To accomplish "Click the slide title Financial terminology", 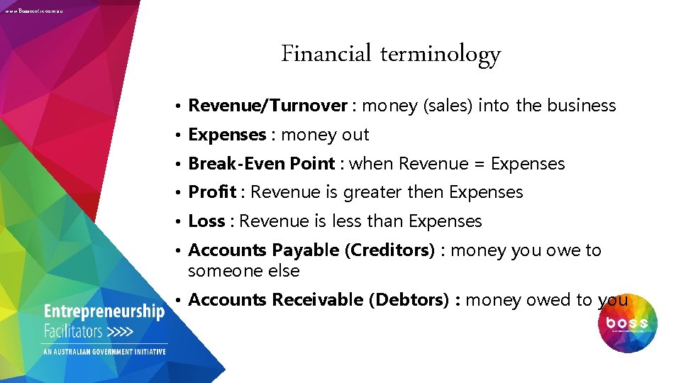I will click(x=391, y=55).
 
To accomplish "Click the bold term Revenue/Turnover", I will click(x=267, y=106).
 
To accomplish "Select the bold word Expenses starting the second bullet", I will click(x=227, y=135).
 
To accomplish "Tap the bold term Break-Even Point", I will click(x=261, y=164).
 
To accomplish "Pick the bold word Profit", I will click(x=213, y=192).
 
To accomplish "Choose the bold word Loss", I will click(x=206, y=221).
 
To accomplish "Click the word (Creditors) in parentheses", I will click(x=389, y=250).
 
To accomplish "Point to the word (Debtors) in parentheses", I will click(x=409, y=300).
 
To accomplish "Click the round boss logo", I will click(x=628, y=323).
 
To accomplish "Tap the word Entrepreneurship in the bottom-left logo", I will click(x=104, y=312).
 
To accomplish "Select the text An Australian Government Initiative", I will click(x=105, y=352).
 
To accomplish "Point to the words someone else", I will click(x=243, y=271).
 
